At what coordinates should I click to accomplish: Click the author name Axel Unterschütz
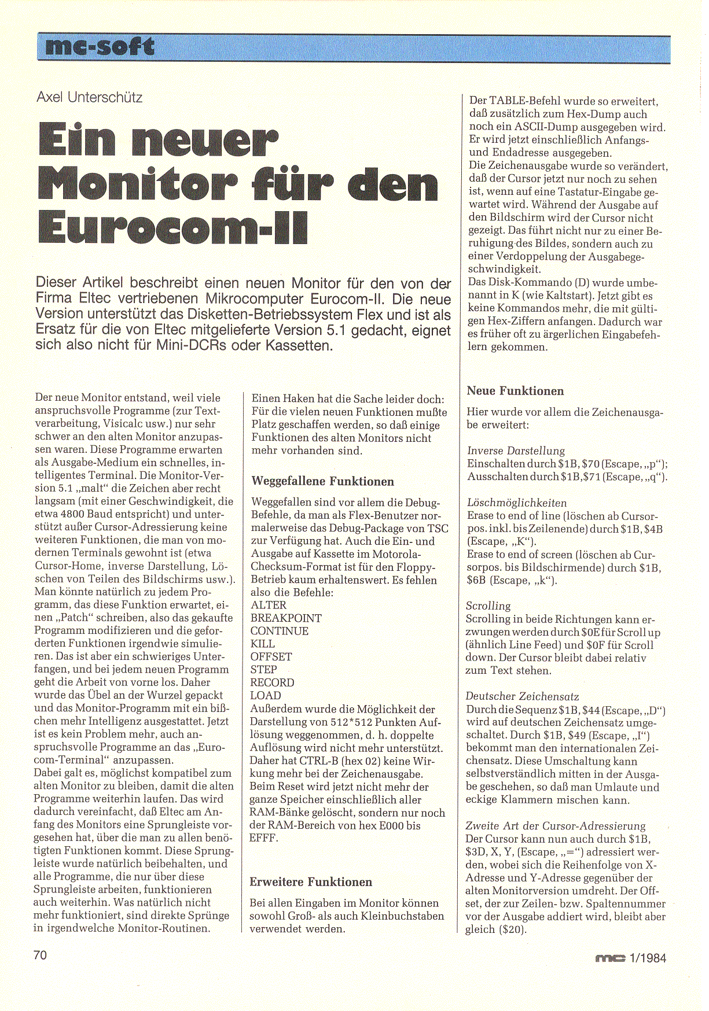pos(89,97)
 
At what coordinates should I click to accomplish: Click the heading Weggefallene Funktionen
pos(322,481)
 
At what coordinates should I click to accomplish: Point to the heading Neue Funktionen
pos(515,391)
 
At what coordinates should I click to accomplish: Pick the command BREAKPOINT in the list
pos(286,618)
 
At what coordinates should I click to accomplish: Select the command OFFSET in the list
pos(271,656)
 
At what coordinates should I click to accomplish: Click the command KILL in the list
pos(262,644)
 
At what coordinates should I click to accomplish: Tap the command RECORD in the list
pos(272,682)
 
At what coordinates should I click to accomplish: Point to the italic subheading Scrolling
pos(488,606)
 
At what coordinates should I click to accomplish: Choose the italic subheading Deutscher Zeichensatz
pos(522,696)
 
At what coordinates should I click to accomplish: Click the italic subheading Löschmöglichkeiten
pos(517,503)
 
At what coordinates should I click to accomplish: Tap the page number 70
pos(40,954)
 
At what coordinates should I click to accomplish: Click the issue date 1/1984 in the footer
pos(647,958)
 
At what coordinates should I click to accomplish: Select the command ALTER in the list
pos(269,605)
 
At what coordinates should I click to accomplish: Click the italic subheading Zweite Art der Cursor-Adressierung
pos(555,826)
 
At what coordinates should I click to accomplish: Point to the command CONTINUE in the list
pos(280,631)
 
